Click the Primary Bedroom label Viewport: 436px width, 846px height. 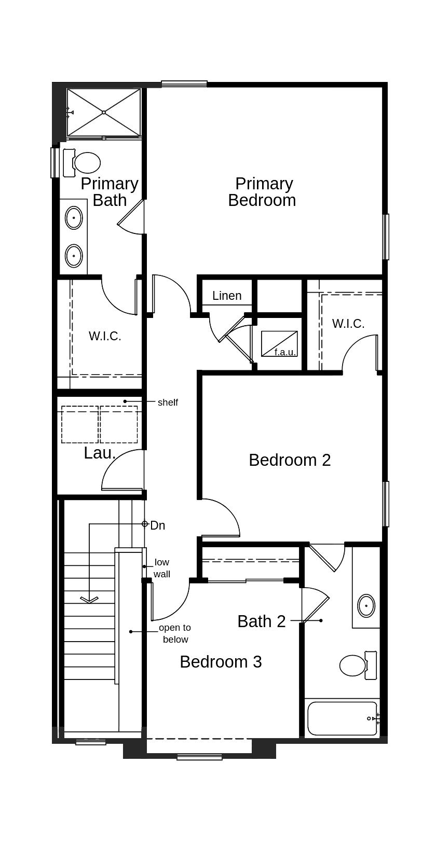[262, 192]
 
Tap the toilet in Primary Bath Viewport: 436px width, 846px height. [84, 163]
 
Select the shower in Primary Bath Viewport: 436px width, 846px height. [104, 112]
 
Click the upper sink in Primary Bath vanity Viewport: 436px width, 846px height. [74, 218]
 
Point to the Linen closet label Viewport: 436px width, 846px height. [227, 296]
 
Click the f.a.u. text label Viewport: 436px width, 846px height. [285, 352]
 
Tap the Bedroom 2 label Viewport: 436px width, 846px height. [290, 460]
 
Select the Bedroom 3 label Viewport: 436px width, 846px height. [221, 662]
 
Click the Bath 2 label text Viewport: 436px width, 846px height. [262, 621]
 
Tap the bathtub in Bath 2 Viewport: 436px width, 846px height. [342, 718]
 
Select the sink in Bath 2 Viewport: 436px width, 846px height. [366, 605]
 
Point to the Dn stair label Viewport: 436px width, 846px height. [158, 525]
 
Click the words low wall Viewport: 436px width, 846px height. [162, 568]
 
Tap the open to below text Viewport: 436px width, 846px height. [175, 633]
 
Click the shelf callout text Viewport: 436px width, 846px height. [168, 402]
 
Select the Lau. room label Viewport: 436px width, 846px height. [100, 453]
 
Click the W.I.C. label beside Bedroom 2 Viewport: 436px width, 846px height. [348, 324]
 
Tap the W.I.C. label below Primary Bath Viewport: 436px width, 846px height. [105, 336]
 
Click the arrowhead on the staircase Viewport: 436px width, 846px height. [89, 600]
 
